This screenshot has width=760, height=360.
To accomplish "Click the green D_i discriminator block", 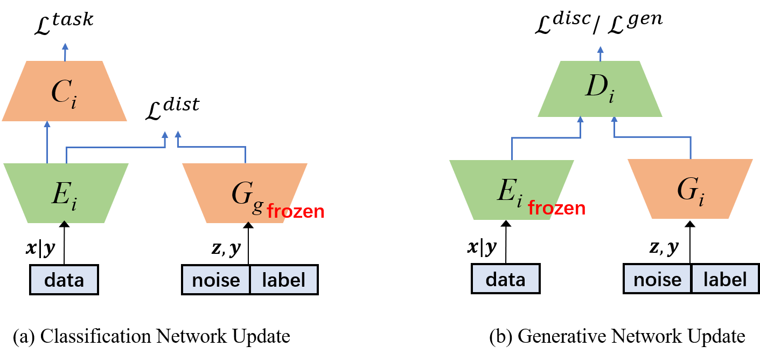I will coord(600,89).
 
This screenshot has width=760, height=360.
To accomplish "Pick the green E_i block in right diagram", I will coord(511,190).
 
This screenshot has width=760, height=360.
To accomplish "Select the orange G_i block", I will coord(690,189).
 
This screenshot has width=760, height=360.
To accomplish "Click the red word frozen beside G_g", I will coord(296,211).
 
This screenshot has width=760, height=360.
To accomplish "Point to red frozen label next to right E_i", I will coord(556,208).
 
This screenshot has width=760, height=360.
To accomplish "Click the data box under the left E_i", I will coord(64,280).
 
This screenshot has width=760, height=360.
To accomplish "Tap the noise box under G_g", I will coord(216,280).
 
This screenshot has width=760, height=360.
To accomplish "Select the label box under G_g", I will coord(283,280).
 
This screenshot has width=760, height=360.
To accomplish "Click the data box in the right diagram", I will coord(505,279).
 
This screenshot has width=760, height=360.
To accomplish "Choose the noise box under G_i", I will coord(657,279).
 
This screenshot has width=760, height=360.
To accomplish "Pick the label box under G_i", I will coord(725,279).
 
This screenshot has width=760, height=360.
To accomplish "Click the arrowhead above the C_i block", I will coord(65,46).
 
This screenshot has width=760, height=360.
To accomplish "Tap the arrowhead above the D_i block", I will coord(601,49).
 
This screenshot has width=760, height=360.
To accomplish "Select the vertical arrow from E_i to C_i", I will coord(47,143).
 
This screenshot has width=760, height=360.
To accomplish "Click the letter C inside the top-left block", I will coord(59,92).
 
